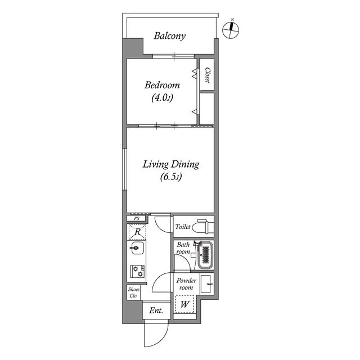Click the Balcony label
(x=170, y=36)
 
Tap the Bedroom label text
(x=162, y=85)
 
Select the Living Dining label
(x=171, y=165)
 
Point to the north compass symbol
(x=231, y=30)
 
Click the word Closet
(x=208, y=75)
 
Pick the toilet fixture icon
(x=202, y=227)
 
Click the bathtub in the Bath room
(x=205, y=255)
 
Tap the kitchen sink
(x=137, y=248)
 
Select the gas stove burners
(x=138, y=271)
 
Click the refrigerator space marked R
(x=137, y=232)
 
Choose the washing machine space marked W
(x=184, y=304)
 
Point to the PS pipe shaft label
(x=136, y=219)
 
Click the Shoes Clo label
(x=134, y=292)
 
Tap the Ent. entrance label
(x=156, y=310)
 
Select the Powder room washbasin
(x=207, y=284)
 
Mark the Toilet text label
(x=183, y=227)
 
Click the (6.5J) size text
(x=171, y=177)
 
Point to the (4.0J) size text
(x=162, y=98)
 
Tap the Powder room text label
(x=186, y=284)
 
